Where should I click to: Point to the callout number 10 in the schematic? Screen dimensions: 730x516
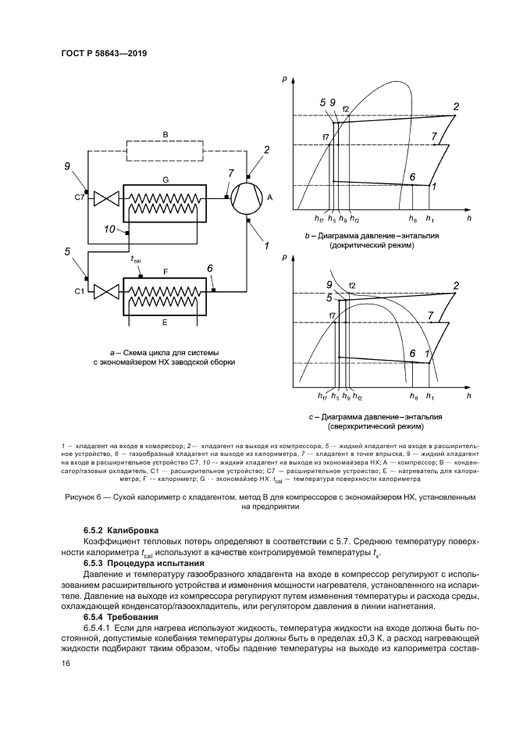click(x=109, y=230)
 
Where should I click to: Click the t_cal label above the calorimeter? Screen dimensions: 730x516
click(x=135, y=259)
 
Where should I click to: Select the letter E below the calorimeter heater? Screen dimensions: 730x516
click(x=165, y=322)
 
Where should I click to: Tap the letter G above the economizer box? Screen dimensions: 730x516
click(x=165, y=180)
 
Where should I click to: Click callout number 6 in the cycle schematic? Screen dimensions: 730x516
click(x=210, y=269)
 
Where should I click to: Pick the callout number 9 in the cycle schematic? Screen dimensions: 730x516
click(x=68, y=166)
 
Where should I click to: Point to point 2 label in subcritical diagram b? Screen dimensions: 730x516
click(x=456, y=106)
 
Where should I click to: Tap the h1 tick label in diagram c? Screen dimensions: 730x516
click(x=430, y=398)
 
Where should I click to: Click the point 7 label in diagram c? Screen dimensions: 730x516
click(x=431, y=314)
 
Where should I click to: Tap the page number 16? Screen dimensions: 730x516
click(x=66, y=664)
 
